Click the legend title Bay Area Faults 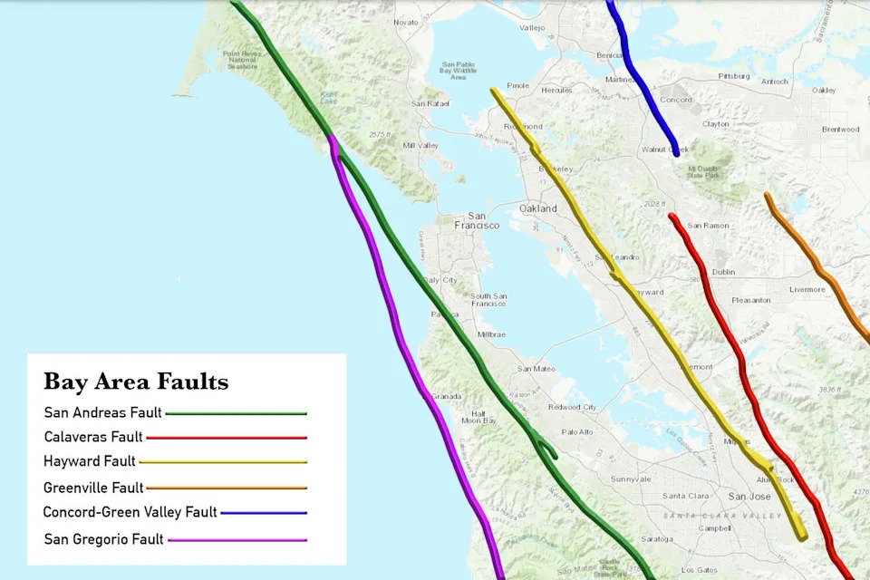(x=136, y=382)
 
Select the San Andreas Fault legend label (x=102, y=413)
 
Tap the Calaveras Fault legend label (x=93, y=437)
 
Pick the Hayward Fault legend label (x=90, y=461)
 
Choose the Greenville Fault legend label (x=93, y=488)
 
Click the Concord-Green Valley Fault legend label (x=130, y=512)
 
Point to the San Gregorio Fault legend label (x=103, y=539)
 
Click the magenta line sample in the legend (x=237, y=540)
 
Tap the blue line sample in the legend (x=264, y=513)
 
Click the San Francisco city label (x=477, y=220)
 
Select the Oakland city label (x=538, y=208)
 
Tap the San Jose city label (x=749, y=497)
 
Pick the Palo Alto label (x=577, y=431)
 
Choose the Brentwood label (x=839, y=130)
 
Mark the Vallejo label (x=532, y=28)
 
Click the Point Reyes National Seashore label (x=242, y=60)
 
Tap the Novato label (x=407, y=22)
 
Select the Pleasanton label (x=750, y=300)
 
